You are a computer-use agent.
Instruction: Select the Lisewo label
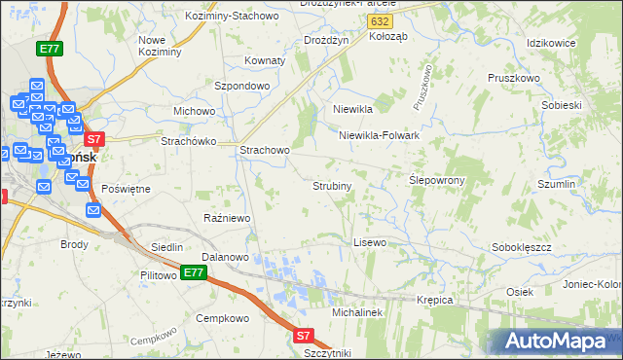click(370, 241)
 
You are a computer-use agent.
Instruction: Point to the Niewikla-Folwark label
click(379, 136)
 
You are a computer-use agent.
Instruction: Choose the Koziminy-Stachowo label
click(243, 17)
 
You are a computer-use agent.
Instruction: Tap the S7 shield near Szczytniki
click(304, 336)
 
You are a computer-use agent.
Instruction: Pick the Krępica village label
click(435, 300)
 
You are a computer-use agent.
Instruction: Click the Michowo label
click(194, 111)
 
